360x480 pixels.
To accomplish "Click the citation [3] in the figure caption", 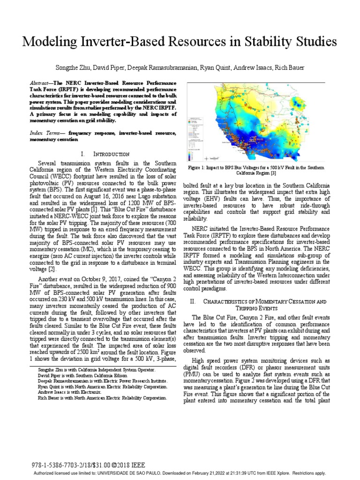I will coord(283,173).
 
